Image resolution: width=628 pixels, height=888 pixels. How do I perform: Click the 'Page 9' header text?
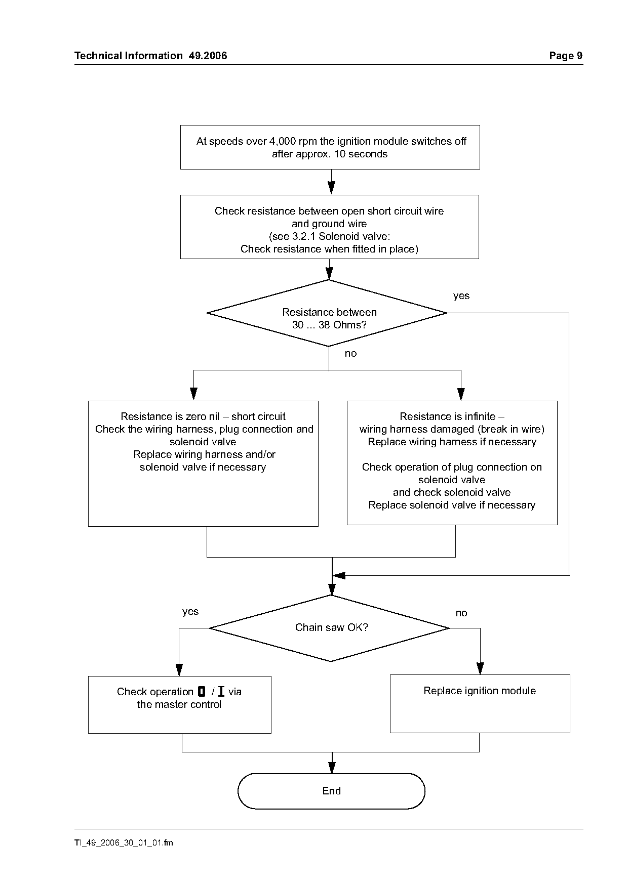click(x=566, y=56)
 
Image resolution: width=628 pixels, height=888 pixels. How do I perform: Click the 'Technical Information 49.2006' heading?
click(x=151, y=56)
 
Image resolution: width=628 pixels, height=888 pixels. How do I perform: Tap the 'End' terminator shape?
click(x=331, y=791)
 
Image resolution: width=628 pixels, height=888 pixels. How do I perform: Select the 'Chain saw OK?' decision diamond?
click(x=330, y=628)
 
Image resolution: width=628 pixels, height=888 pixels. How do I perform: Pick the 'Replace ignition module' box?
click(x=480, y=703)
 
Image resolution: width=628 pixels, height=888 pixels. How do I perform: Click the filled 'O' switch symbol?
click(x=202, y=692)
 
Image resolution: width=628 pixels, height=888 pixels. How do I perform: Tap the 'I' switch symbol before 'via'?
click(x=221, y=692)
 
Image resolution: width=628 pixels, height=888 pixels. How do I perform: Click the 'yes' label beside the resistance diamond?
click(x=461, y=296)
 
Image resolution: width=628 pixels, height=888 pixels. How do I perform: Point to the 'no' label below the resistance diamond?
click(x=350, y=354)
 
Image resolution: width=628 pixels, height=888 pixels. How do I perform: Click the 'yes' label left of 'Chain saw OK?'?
click(x=190, y=612)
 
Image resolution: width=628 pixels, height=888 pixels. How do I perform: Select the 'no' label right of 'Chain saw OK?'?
click(x=461, y=613)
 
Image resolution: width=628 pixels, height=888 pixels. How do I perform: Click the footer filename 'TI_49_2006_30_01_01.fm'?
click(x=124, y=842)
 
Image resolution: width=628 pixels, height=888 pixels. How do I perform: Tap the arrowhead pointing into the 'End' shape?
click(x=332, y=767)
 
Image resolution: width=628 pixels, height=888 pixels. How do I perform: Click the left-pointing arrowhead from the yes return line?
click(x=338, y=575)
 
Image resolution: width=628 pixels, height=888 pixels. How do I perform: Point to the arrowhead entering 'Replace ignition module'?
click(x=480, y=668)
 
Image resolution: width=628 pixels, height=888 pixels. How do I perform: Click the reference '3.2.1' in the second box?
click(x=304, y=236)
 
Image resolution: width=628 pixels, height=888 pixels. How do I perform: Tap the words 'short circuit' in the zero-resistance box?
click(x=258, y=416)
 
